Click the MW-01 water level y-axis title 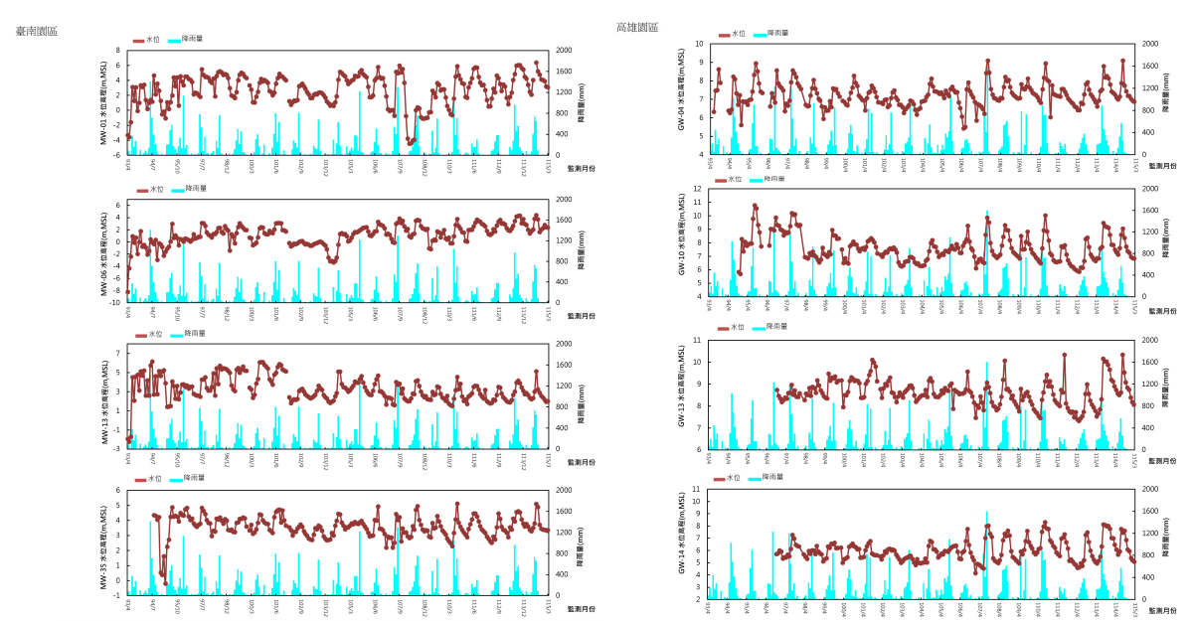[x=104, y=102]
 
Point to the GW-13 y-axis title [x=682, y=393]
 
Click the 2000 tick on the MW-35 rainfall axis [x=564, y=490]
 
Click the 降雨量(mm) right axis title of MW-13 [x=581, y=395]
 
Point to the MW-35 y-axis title [x=104, y=546]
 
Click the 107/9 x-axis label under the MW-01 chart [x=401, y=165]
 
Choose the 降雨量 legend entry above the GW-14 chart [x=772, y=477]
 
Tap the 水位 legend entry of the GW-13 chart [x=737, y=327]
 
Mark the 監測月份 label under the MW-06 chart [x=581, y=316]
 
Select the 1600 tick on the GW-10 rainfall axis [x=1149, y=210]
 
